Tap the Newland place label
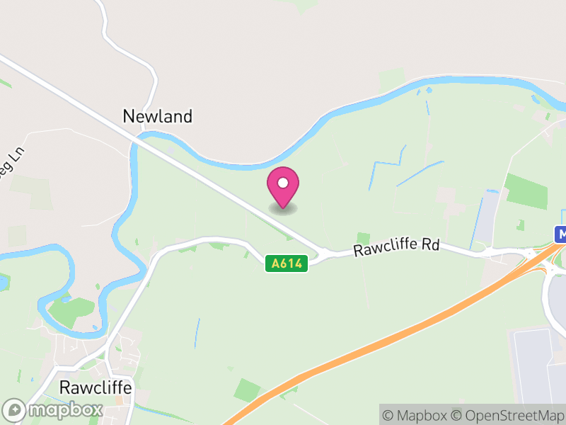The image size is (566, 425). [x=157, y=116]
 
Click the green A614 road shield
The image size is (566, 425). [x=287, y=263]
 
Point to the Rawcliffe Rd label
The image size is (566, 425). [x=396, y=248]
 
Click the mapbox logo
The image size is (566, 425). [x=54, y=409]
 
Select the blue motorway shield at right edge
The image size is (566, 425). [x=560, y=234]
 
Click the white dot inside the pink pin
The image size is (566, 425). [x=283, y=182]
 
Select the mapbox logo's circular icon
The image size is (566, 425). [x=16, y=409]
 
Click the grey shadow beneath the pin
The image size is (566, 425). [x=283, y=208]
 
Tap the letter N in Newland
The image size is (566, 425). [x=129, y=116]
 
